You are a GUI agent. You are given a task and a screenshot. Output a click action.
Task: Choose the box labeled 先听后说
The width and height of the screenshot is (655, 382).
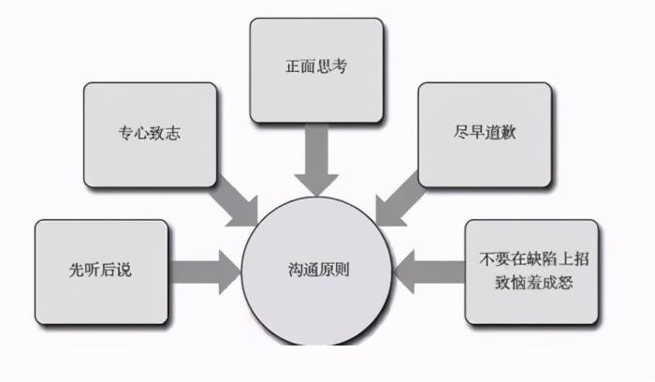[101, 270]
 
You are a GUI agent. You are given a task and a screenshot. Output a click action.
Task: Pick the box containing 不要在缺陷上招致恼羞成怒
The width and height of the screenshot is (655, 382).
[531, 270]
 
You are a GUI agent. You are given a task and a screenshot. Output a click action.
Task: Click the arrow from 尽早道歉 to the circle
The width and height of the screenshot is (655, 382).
[400, 198]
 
